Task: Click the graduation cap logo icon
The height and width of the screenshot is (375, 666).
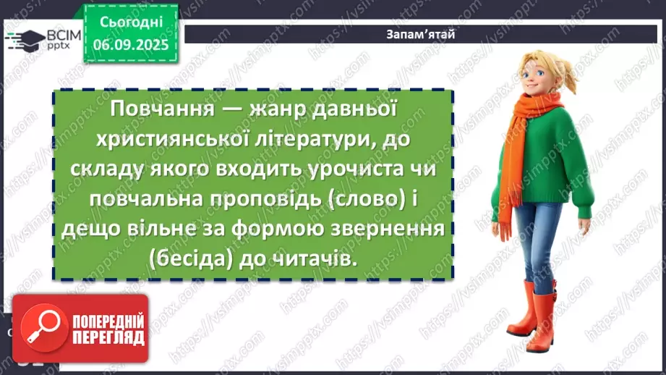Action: click(x=26, y=40)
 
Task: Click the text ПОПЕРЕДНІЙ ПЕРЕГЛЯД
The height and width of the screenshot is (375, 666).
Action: click(x=107, y=329)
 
